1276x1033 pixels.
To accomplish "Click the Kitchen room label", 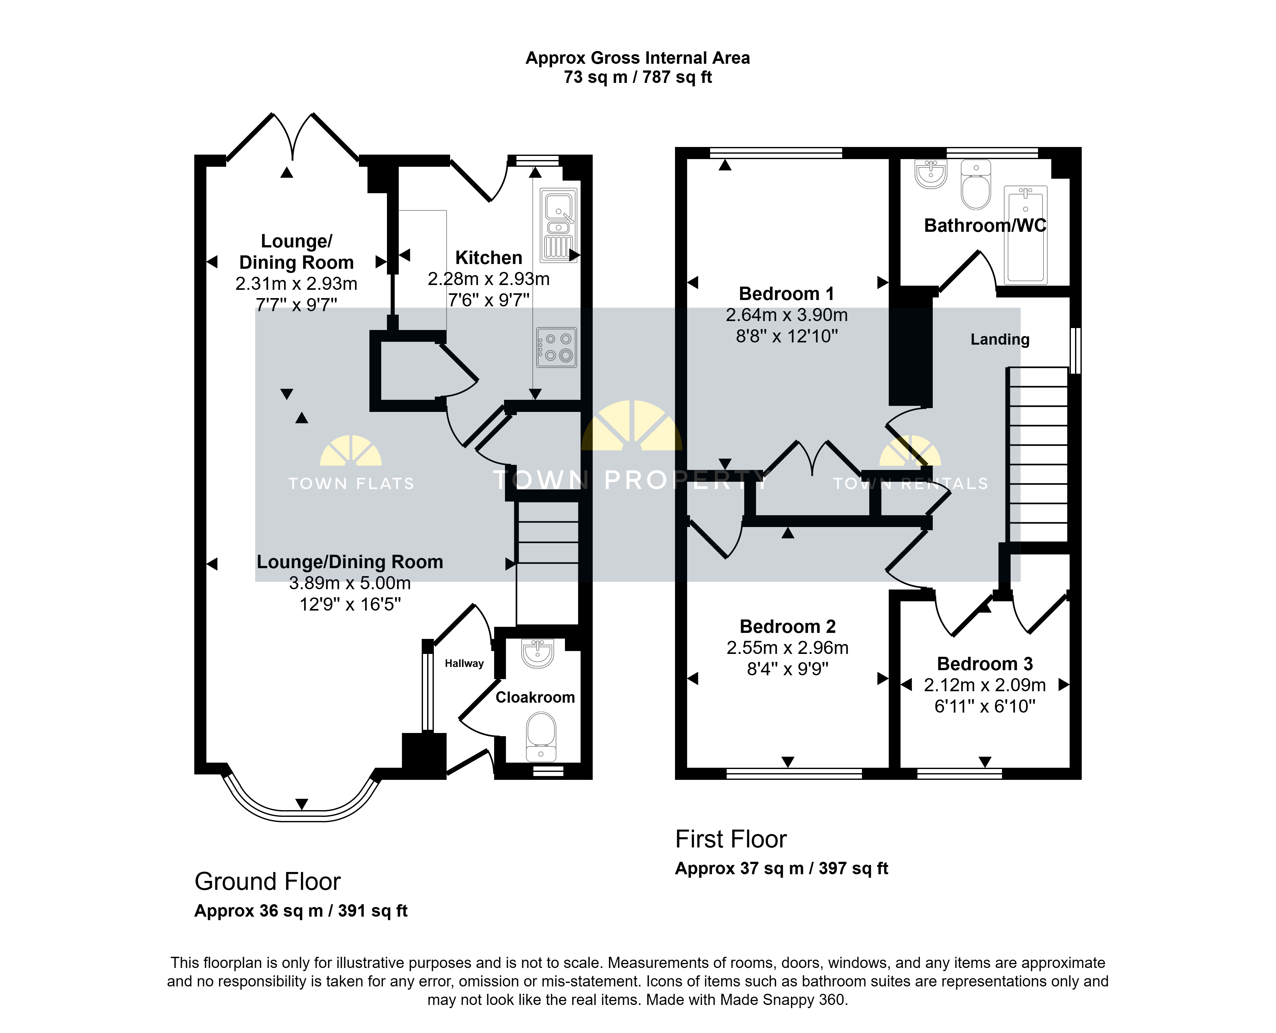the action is pyautogui.click(x=488, y=258).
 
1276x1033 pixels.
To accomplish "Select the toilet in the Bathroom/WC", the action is pyautogui.click(x=976, y=185).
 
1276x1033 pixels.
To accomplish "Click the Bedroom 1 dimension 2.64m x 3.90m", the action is pyautogui.click(x=787, y=315).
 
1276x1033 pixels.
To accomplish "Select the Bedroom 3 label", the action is pyautogui.click(x=985, y=663).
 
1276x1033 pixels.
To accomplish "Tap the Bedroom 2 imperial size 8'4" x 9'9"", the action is pyautogui.click(x=788, y=669).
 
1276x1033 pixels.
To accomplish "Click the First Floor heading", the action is pyautogui.click(x=731, y=839).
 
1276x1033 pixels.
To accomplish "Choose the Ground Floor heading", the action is pyautogui.click(x=267, y=881).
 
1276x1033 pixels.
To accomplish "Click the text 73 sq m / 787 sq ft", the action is pyautogui.click(x=638, y=77).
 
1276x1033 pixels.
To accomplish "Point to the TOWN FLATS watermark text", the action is pyautogui.click(x=351, y=484).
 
